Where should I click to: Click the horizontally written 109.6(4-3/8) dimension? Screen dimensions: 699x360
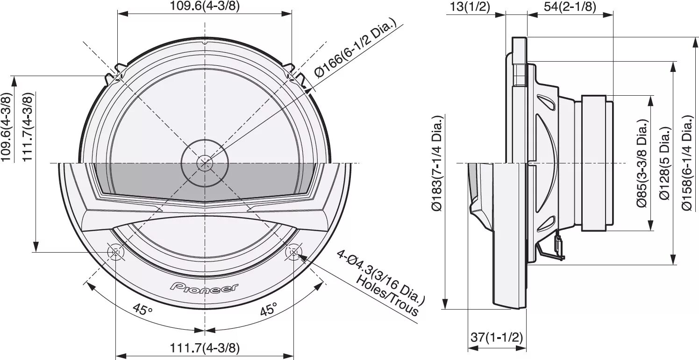(x=205, y=6)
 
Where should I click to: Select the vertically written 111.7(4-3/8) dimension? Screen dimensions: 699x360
(x=28, y=127)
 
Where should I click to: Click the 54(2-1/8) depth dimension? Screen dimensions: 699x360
(x=570, y=7)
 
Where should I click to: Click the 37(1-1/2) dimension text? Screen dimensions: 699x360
(x=496, y=337)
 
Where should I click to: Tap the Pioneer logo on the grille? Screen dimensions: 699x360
(x=204, y=287)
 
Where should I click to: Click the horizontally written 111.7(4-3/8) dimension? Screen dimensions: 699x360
(x=205, y=348)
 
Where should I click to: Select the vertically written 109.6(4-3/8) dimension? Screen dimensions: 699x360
(x=6, y=127)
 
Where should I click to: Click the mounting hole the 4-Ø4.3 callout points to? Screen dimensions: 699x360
(x=293, y=252)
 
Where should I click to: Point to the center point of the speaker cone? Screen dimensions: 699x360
(x=204, y=162)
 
